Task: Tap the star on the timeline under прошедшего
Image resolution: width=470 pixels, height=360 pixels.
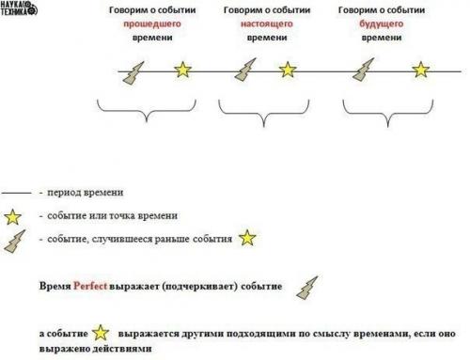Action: point(181,70)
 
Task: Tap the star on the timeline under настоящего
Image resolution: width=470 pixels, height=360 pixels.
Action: point(288,70)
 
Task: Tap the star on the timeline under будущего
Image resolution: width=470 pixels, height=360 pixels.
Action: point(421,70)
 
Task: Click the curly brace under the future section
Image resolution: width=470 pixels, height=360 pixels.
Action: point(385,117)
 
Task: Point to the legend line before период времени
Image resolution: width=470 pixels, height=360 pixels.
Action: point(16,193)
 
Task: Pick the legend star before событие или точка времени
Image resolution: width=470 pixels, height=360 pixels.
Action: point(13,216)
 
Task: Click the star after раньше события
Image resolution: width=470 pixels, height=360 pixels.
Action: point(246,238)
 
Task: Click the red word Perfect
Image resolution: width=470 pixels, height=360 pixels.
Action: point(90,285)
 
